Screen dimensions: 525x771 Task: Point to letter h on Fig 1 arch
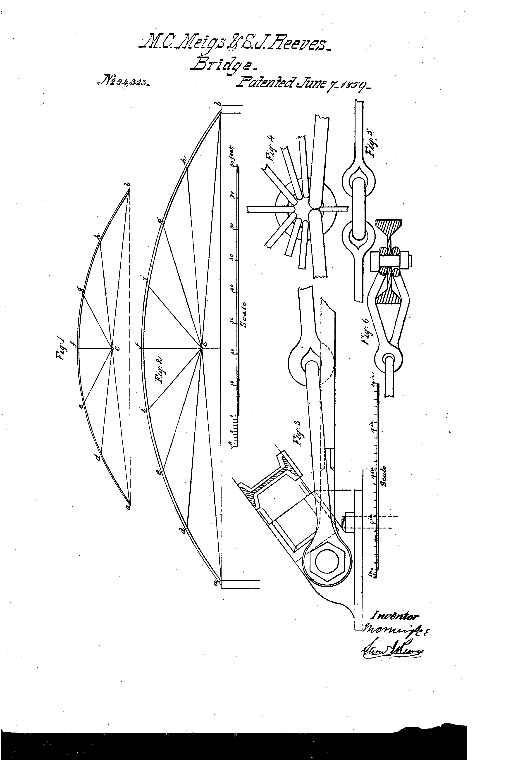tap(97, 237)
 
